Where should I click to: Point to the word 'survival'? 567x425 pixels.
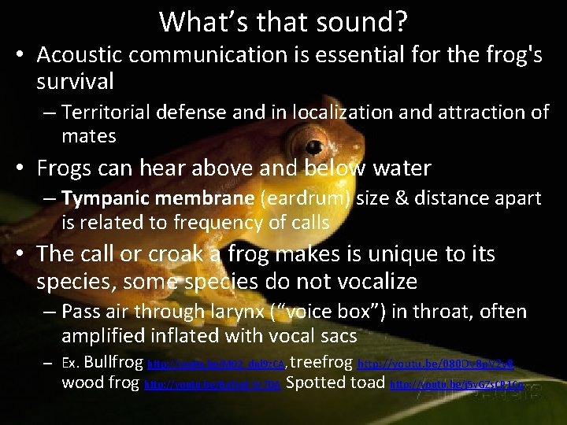pyautogui.click(x=75, y=81)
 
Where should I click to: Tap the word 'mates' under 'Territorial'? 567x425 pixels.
pyautogui.click(x=89, y=136)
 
